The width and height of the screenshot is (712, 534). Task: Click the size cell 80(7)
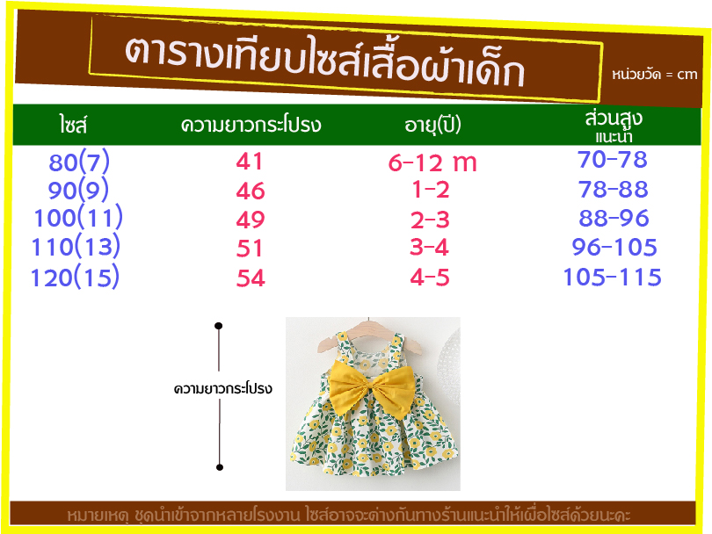click(79, 162)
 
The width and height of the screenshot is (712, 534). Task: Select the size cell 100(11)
click(78, 217)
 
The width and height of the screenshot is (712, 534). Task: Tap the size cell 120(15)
click(75, 278)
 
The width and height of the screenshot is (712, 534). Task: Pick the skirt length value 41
click(250, 161)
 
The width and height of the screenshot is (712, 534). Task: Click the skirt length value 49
click(251, 220)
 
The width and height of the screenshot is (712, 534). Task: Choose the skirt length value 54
click(251, 278)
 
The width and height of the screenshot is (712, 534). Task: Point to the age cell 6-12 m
click(432, 162)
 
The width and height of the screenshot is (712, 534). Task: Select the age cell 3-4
click(429, 248)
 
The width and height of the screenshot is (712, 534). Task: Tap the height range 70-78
click(613, 159)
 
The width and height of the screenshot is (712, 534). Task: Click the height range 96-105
click(614, 247)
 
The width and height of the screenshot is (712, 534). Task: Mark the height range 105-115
click(612, 277)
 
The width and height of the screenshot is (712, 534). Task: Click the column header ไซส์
click(73, 125)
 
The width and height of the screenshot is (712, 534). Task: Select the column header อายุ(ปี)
click(432, 126)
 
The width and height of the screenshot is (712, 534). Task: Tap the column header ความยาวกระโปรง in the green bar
click(251, 125)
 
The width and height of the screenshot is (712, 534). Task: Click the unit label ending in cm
click(654, 74)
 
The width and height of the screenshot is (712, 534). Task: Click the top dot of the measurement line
click(218, 326)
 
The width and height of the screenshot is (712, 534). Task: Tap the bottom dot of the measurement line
click(220, 467)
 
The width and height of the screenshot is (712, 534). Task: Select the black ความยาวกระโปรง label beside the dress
click(223, 389)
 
